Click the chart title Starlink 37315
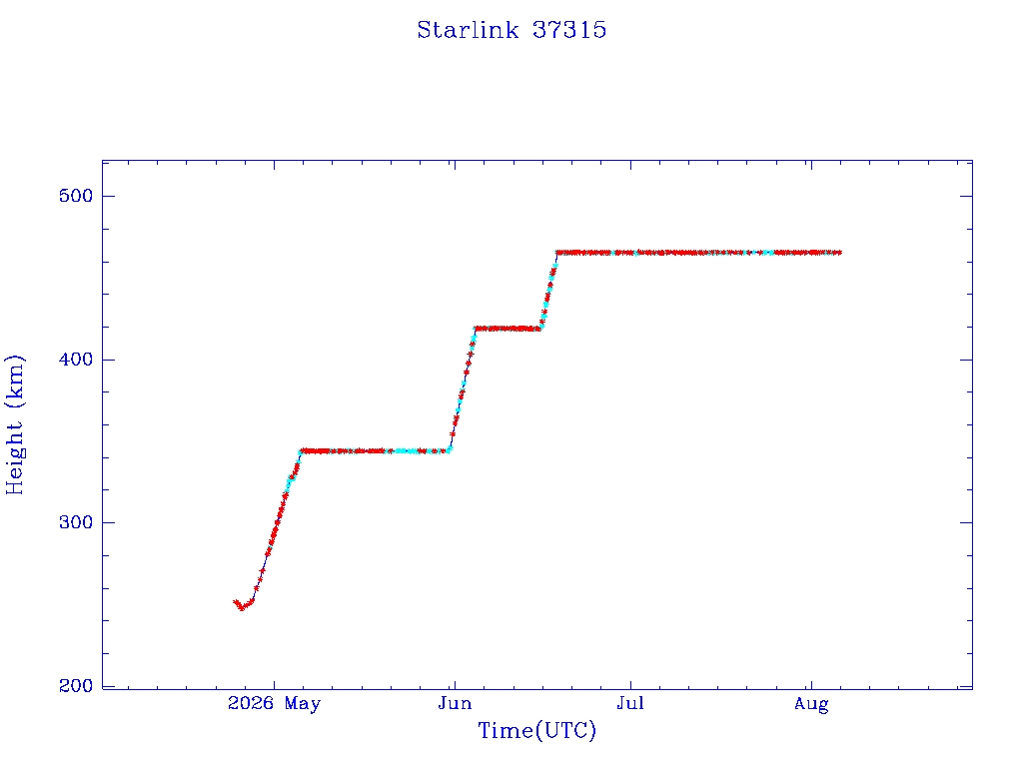tap(511, 30)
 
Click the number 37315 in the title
tap(569, 30)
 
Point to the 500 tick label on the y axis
tap(76, 196)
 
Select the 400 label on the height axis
tap(76, 360)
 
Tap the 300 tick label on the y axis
tap(76, 522)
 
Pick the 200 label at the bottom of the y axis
tap(76, 685)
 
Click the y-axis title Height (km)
tap(14, 424)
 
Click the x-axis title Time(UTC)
tap(536, 730)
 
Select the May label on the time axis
tap(303, 704)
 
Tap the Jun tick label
tap(455, 703)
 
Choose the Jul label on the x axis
tap(631, 703)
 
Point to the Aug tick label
tap(811, 704)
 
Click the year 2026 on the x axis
tap(251, 703)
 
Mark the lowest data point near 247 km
tap(242, 608)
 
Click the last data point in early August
tap(839, 253)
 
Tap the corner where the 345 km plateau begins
tap(301, 450)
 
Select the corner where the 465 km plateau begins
tap(557, 253)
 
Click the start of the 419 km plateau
tap(477, 329)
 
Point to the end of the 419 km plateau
tap(539, 329)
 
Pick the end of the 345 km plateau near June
tap(449, 450)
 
